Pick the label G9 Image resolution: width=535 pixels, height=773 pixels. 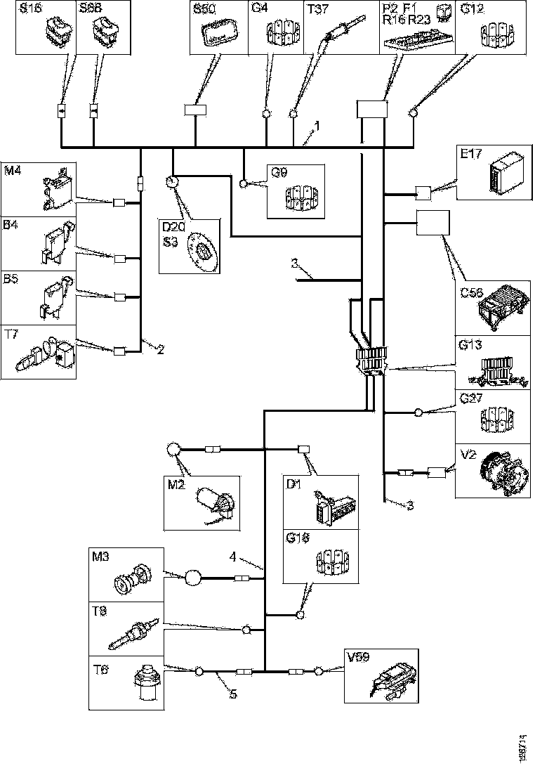point(279,172)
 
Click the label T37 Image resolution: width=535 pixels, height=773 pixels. point(317,9)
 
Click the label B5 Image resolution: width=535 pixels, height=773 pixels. point(12,278)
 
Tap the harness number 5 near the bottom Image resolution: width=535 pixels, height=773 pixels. point(232,695)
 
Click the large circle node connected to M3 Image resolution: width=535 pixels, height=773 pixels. point(192,578)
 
